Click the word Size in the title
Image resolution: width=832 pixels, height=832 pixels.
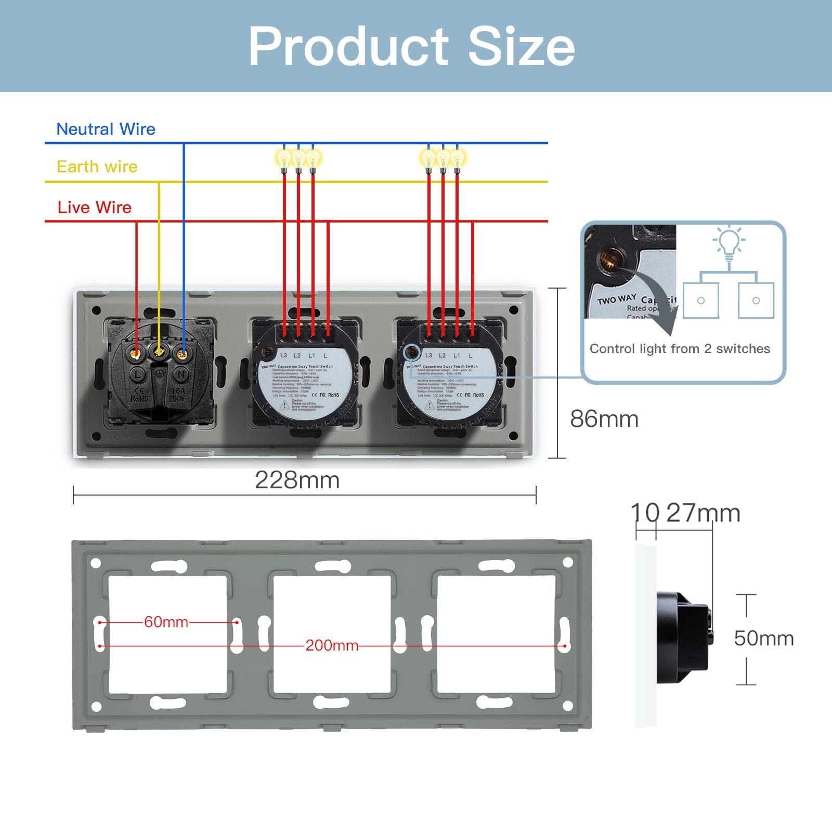click(x=521, y=47)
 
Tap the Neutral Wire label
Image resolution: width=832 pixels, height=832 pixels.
click(x=106, y=129)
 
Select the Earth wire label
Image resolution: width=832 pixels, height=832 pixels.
click(x=97, y=166)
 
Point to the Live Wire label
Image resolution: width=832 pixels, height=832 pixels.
click(x=94, y=207)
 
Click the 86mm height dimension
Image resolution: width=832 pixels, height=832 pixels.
click(x=604, y=419)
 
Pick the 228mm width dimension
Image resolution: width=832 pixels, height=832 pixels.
click(x=297, y=480)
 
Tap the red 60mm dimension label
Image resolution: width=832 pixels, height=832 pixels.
click(x=166, y=622)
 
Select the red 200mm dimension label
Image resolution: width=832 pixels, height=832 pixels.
click(x=332, y=645)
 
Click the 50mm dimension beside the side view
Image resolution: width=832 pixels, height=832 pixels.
click(x=763, y=639)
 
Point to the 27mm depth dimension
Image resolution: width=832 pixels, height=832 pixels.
click(x=703, y=513)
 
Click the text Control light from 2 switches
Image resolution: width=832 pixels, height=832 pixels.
click(x=680, y=348)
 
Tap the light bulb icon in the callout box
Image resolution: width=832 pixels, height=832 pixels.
click(x=729, y=242)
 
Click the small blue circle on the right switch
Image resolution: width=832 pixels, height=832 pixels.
click(x=412, y=352)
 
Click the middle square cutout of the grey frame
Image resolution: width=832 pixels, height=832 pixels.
click(x=332, y=634)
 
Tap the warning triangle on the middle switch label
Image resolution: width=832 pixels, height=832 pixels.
click(x=285, y=405)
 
